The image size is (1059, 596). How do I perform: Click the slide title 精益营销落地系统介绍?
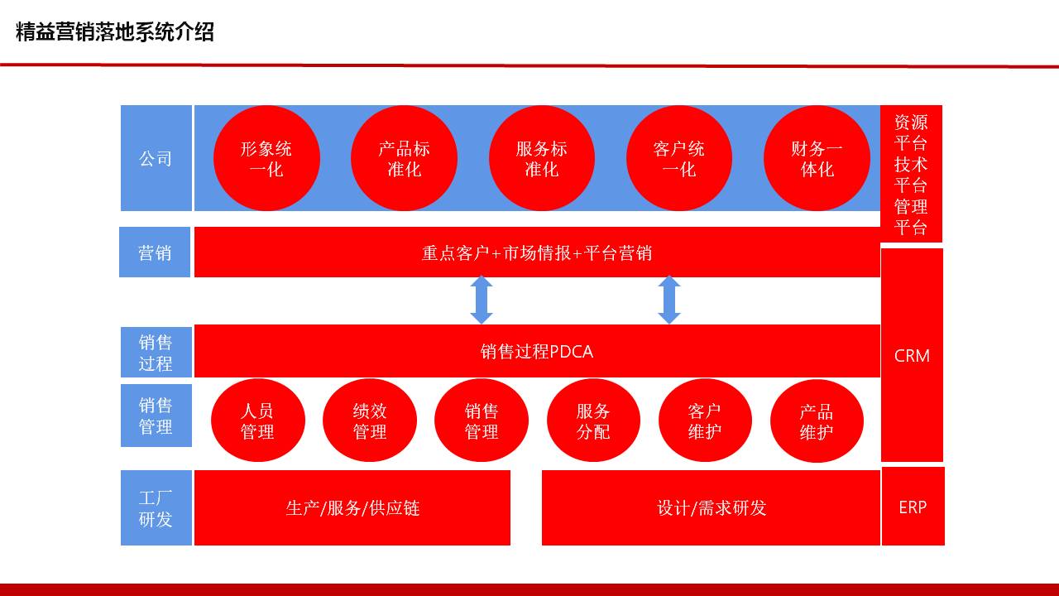[x=115, y=32]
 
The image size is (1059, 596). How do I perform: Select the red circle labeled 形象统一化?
[x=266, y=158]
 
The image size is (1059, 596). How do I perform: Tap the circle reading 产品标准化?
[x=405, y=158]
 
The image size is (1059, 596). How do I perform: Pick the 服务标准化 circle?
[x=542, y=158]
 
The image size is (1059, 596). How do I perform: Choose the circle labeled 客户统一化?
[x=679, y=158]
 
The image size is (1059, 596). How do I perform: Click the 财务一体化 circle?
[x=817, y=158]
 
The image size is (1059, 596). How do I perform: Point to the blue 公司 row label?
[x=156, y=158]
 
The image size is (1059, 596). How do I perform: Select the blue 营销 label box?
[x=155, y=252]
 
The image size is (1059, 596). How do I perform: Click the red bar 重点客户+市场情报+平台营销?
[x=537, y=252]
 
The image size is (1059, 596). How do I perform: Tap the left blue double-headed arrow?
[x=482, y=300]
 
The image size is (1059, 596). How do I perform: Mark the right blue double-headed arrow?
[x=669, y=300]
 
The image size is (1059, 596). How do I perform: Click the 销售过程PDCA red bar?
[x=537, y=351]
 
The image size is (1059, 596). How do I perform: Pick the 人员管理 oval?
[x=257, y=420]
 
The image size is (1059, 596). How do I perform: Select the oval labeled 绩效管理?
[x=370, y=420]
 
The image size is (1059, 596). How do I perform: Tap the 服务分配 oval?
[x=593, y=420]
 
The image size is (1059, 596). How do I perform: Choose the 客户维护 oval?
[x=705, y=420]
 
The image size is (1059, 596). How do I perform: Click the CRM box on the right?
[x=912, y=355]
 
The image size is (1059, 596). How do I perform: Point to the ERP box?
[x=913, y=507]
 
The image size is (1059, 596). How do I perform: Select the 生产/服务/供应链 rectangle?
[x=352, y=507]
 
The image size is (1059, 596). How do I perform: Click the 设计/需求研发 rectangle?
[x=711, y=507]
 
